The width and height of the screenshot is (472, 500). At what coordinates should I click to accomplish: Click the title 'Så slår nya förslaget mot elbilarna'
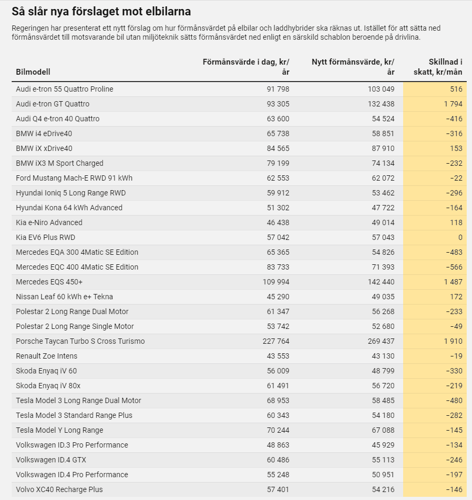101,12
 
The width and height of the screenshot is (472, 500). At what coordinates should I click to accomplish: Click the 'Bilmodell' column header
33,72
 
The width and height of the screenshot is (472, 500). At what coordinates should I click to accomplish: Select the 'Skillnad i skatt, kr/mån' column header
438,67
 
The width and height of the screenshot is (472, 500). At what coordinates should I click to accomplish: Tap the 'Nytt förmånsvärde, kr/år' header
353,67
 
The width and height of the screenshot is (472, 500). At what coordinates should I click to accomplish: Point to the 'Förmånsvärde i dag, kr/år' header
246,67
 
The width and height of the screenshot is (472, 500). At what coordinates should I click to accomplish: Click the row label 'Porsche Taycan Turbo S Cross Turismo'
81,341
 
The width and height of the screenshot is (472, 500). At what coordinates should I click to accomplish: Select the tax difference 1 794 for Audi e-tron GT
453,104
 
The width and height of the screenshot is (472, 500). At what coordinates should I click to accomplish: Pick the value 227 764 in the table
276,341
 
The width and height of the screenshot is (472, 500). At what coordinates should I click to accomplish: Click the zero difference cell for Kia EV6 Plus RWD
460,238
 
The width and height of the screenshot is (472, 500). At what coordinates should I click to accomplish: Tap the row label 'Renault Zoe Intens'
47,356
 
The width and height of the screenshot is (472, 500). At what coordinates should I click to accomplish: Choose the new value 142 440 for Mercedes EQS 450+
381,282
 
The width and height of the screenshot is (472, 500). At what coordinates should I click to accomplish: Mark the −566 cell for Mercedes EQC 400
454,267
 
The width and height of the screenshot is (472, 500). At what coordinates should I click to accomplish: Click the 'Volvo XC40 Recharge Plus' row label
59,489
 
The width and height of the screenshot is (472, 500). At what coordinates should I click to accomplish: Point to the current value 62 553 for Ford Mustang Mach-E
278,178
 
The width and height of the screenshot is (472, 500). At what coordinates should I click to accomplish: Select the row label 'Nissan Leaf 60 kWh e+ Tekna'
65,297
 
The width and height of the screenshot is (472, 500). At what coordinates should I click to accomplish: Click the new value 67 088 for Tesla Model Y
383,430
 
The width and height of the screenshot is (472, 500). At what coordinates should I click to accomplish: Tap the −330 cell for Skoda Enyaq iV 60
454,371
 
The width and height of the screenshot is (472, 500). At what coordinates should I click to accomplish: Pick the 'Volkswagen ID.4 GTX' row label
51,460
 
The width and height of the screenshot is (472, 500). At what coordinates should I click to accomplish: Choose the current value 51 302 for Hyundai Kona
278,208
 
